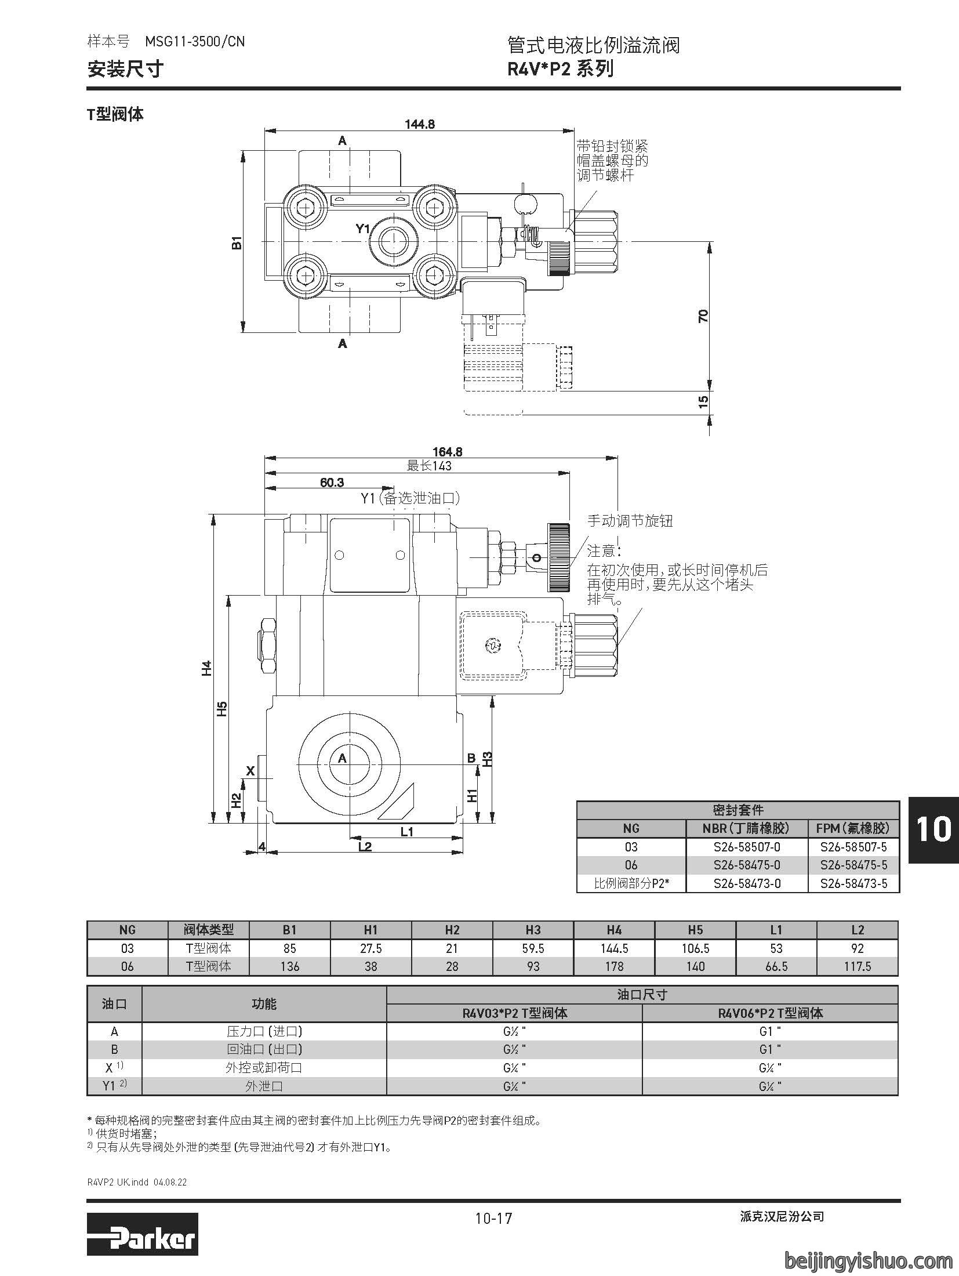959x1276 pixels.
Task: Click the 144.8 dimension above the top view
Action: [420, 124]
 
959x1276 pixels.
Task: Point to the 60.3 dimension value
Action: [332, 483]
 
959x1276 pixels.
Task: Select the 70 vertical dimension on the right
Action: [703, 316]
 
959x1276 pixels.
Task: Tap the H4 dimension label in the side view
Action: [207, 668]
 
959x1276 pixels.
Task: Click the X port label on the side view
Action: [250, 771]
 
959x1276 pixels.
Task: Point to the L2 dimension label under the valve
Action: [365, 847]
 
